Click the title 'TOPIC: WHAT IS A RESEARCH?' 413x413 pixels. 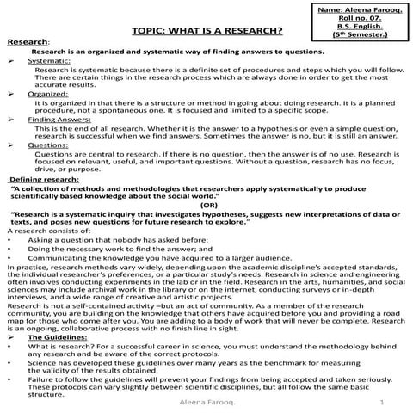tap(207, 32)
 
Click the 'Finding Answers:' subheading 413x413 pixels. tap(55, 120)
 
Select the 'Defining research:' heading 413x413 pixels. tap(43, 178)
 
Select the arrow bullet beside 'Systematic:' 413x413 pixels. tap(9, 62)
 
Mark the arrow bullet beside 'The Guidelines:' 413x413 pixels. tap(9, 336)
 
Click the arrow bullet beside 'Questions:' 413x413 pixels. tap(9, 146)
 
